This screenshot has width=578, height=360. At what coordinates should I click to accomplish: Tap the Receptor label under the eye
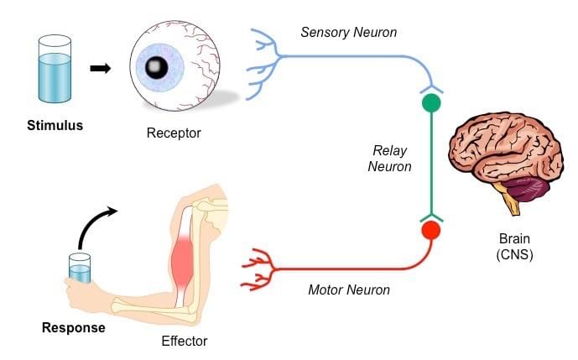point(174,133)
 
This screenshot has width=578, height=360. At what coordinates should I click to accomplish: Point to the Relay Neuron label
point(392,159)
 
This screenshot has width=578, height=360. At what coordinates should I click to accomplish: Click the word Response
point(74,327)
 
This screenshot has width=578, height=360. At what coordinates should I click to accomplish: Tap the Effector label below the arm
point(184,342)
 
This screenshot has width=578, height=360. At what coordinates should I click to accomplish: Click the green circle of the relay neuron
point(430,103)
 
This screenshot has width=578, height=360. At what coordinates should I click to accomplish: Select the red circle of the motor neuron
point(430,229)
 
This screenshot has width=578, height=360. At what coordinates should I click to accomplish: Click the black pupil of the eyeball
point(155,68)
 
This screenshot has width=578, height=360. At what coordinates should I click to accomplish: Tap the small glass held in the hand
point(79,268)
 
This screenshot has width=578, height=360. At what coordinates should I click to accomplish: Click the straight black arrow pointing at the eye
point(101,68)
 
